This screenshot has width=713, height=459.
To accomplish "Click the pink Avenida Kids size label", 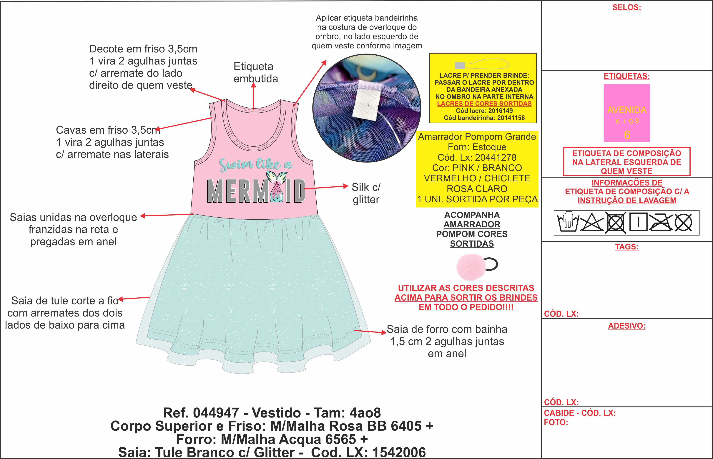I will click(627, 113).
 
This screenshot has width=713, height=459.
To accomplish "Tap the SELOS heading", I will click(627, 7).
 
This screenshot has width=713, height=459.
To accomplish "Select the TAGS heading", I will click(627, 247).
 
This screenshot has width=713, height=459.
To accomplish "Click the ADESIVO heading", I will click(627, 326).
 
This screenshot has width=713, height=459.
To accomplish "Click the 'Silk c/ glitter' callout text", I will click(366, 193).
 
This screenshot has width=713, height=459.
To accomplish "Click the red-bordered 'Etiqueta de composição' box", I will click(627, 162).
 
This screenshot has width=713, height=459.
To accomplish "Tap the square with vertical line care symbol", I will click(638, 222).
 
